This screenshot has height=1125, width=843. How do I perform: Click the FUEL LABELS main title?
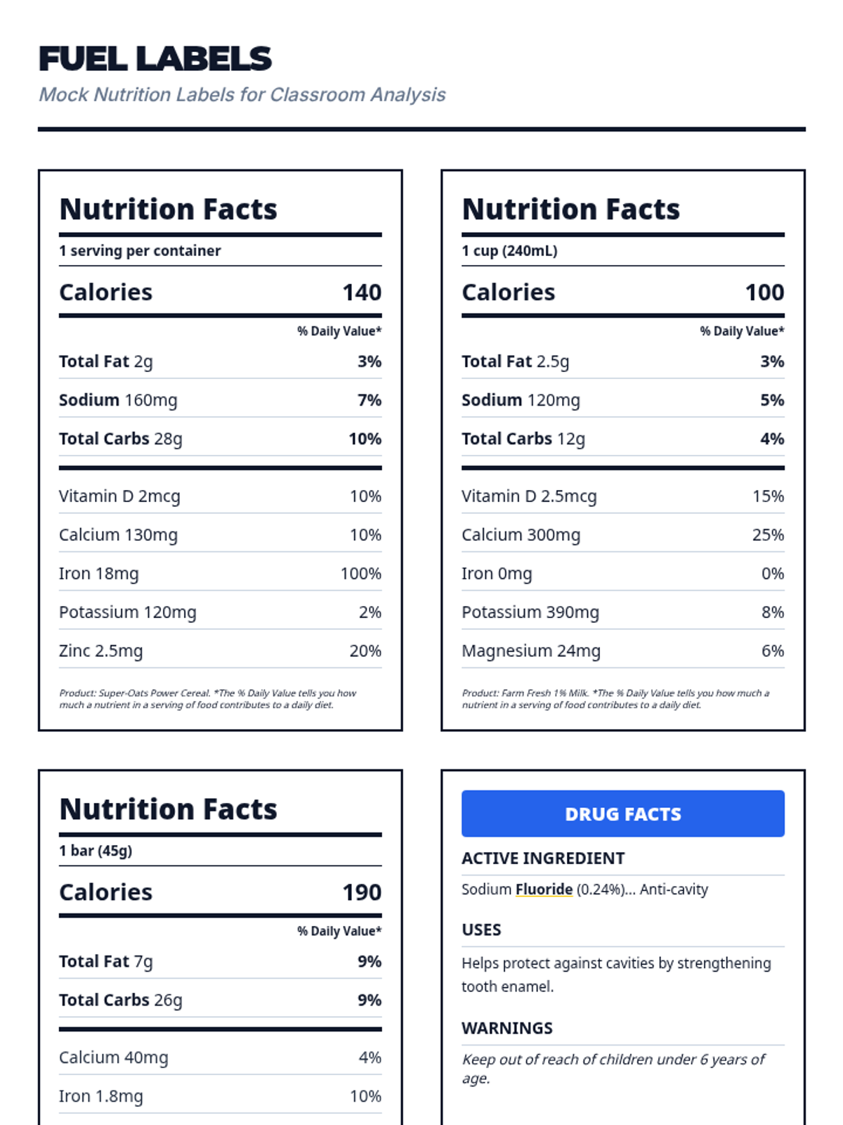155,59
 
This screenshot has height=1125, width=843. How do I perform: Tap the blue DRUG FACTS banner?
622,814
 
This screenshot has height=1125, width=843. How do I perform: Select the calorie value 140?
362,292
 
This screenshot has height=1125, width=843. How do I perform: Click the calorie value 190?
362,892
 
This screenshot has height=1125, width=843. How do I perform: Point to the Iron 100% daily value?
360,574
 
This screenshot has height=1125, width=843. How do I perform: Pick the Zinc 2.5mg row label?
101,651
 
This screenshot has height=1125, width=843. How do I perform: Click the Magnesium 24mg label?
531,651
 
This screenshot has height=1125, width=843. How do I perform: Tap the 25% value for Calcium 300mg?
768,535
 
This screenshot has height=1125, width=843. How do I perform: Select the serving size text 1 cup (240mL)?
509,251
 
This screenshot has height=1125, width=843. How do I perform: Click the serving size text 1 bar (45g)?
96,851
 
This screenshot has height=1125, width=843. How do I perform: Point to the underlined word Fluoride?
544,889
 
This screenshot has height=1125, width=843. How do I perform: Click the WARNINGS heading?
507,1028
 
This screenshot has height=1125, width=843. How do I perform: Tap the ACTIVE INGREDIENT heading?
543,859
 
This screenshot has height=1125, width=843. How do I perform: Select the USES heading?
481,930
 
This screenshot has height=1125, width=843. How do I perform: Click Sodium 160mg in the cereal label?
118,400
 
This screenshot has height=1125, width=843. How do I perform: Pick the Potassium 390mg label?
530,612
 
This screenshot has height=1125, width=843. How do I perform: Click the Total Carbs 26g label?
121,1000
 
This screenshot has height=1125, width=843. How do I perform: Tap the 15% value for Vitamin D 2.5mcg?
768,496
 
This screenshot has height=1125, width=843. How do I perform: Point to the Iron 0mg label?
497,574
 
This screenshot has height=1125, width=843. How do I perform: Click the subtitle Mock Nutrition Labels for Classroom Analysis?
242,95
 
